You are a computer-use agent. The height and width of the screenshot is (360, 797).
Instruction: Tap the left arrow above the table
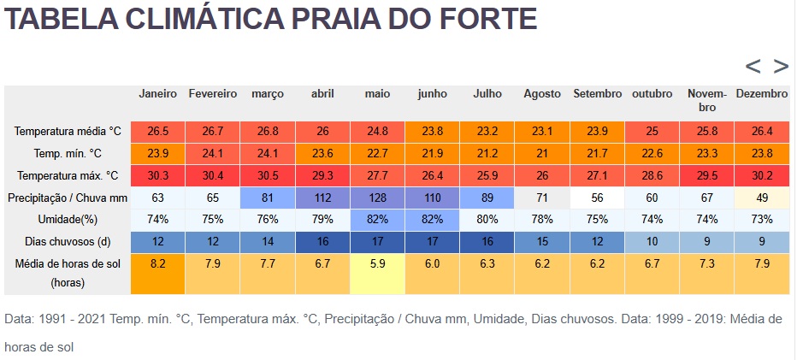[x=753, y=66]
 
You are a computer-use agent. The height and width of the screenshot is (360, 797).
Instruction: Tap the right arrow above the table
[x=781, y=66]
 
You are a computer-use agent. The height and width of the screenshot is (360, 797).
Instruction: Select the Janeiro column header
[x=157, y=94]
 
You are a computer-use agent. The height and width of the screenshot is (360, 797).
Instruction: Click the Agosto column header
[x=542, y=94]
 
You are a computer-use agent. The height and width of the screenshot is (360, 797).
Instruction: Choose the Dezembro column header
[x=761, y=94]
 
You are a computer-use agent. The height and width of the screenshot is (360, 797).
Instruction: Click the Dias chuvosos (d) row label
[x=68, y=242]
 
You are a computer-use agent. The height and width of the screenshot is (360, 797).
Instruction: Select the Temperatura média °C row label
[x=68, y=132]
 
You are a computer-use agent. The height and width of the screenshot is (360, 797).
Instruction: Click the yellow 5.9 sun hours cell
[x=377, y=264]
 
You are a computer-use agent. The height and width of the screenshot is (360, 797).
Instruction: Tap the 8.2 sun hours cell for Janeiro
[x=157, y=264]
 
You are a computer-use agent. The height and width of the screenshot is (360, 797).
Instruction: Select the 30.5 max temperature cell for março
[x=267, y=175]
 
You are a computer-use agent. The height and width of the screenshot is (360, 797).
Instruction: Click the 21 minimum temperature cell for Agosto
[x=542, y=154]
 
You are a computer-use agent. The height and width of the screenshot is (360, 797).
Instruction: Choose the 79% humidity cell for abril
[x=322, y=220]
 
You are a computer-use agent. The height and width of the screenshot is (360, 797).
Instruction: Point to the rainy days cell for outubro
[x=652, y=242]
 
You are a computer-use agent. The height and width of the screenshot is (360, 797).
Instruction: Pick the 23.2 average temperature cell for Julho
[x=487, y=132]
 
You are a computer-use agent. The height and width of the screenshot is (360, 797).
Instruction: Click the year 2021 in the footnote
[x=94, y=319]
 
